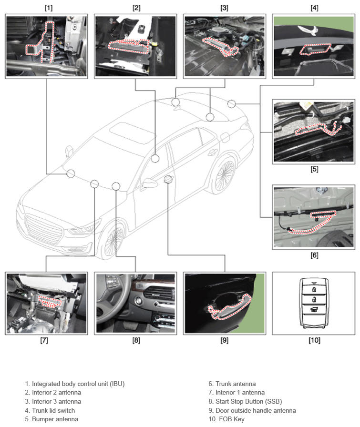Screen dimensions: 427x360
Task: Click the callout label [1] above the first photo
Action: click(48, 8)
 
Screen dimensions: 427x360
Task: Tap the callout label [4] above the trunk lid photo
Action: click(314, 8)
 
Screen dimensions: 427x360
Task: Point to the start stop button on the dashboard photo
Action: click(138, 302)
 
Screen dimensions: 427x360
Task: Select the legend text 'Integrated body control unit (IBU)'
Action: click(75, 384)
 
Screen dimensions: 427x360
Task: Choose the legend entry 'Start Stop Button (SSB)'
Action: click(248, 401)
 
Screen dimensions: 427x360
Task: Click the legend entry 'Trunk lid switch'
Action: click(50, 410)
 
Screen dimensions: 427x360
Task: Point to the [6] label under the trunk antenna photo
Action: click(314, 255)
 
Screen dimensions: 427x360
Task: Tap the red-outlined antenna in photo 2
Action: click(129, 46)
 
